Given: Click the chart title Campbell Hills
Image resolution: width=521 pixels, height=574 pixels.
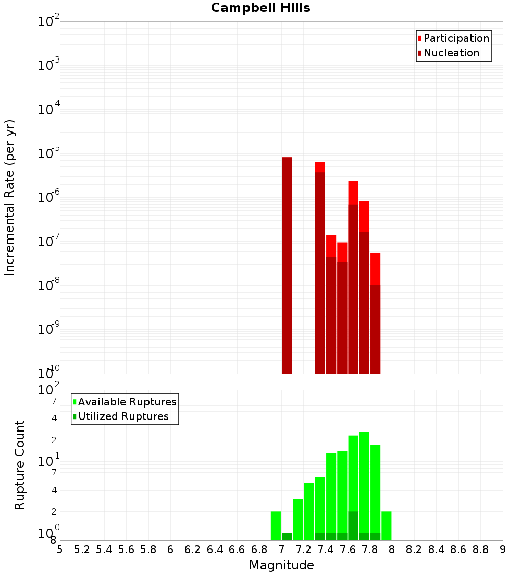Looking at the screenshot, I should [260, 8].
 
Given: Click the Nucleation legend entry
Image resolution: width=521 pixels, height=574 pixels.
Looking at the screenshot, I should [451, 53].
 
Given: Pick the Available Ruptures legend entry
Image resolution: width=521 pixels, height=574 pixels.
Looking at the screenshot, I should [127, 402].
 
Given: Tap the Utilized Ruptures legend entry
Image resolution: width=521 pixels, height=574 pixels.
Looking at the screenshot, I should [123, 416].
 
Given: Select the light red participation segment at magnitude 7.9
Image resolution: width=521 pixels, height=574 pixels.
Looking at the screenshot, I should [375, 268].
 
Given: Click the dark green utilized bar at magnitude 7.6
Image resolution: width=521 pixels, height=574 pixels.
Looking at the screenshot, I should [353, 525].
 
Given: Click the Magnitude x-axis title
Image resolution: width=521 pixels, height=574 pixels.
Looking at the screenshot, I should [281, 565].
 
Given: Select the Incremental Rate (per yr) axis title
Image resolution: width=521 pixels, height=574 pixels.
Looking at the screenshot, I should [9, 198].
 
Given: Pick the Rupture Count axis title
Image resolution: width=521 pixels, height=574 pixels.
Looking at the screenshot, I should [20, 465].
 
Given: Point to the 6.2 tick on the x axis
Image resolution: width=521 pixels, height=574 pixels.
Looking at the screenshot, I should [193, 549].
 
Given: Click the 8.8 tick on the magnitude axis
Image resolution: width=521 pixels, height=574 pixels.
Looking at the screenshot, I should [480, 549].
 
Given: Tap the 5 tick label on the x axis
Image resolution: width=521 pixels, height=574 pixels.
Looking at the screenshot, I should [60, 549].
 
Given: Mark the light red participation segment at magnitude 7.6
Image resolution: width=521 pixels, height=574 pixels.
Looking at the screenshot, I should [353, 192].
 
